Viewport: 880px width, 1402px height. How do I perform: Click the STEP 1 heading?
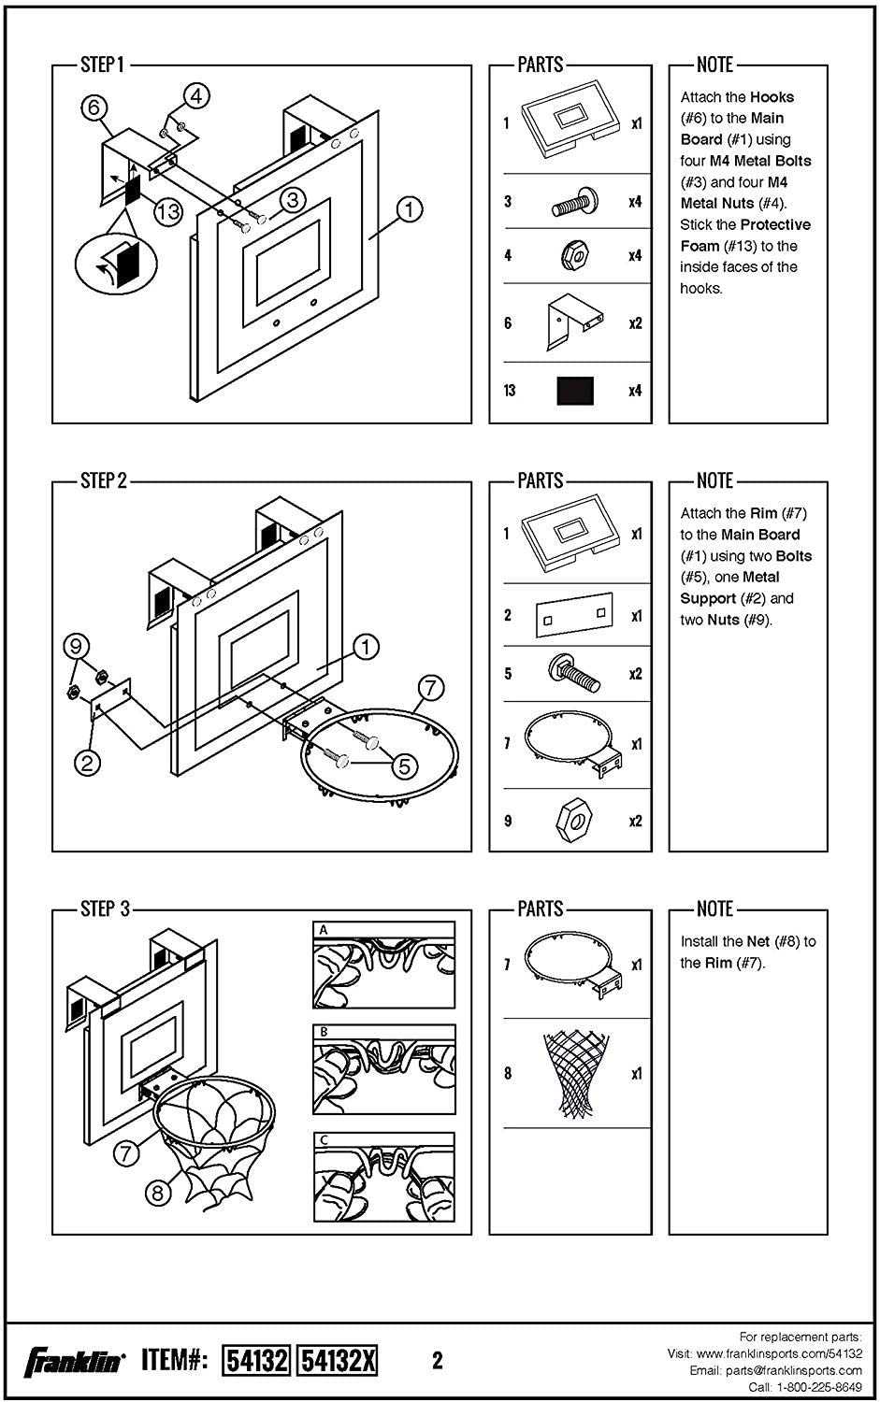coord(102,64)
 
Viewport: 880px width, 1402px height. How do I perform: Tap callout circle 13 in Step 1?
coord(168,212)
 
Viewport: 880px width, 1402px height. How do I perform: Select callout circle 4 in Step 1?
coord(196,95)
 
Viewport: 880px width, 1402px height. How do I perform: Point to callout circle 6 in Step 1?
coord(94,108)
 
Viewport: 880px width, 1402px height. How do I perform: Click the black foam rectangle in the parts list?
coord(575,391)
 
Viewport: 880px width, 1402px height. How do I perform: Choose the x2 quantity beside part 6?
coord(635,323)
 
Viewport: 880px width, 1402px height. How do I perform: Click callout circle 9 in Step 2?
coord(77,645)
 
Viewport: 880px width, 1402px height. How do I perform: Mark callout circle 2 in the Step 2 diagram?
coord(87,763)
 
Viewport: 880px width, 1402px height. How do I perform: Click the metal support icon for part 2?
coord(573,614)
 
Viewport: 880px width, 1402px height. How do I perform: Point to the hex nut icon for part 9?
coord(571,821)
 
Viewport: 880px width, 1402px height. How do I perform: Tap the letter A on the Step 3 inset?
coord(324,930)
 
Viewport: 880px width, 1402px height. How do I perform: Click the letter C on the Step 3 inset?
coord(324,1140)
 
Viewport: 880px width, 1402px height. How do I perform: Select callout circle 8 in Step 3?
coord(158,1193)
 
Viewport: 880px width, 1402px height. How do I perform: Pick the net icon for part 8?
coord(571,1074)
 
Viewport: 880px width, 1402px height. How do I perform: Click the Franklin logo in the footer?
coord(74,1360)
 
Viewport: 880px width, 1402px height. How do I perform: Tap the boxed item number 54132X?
coord(337,1360)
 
